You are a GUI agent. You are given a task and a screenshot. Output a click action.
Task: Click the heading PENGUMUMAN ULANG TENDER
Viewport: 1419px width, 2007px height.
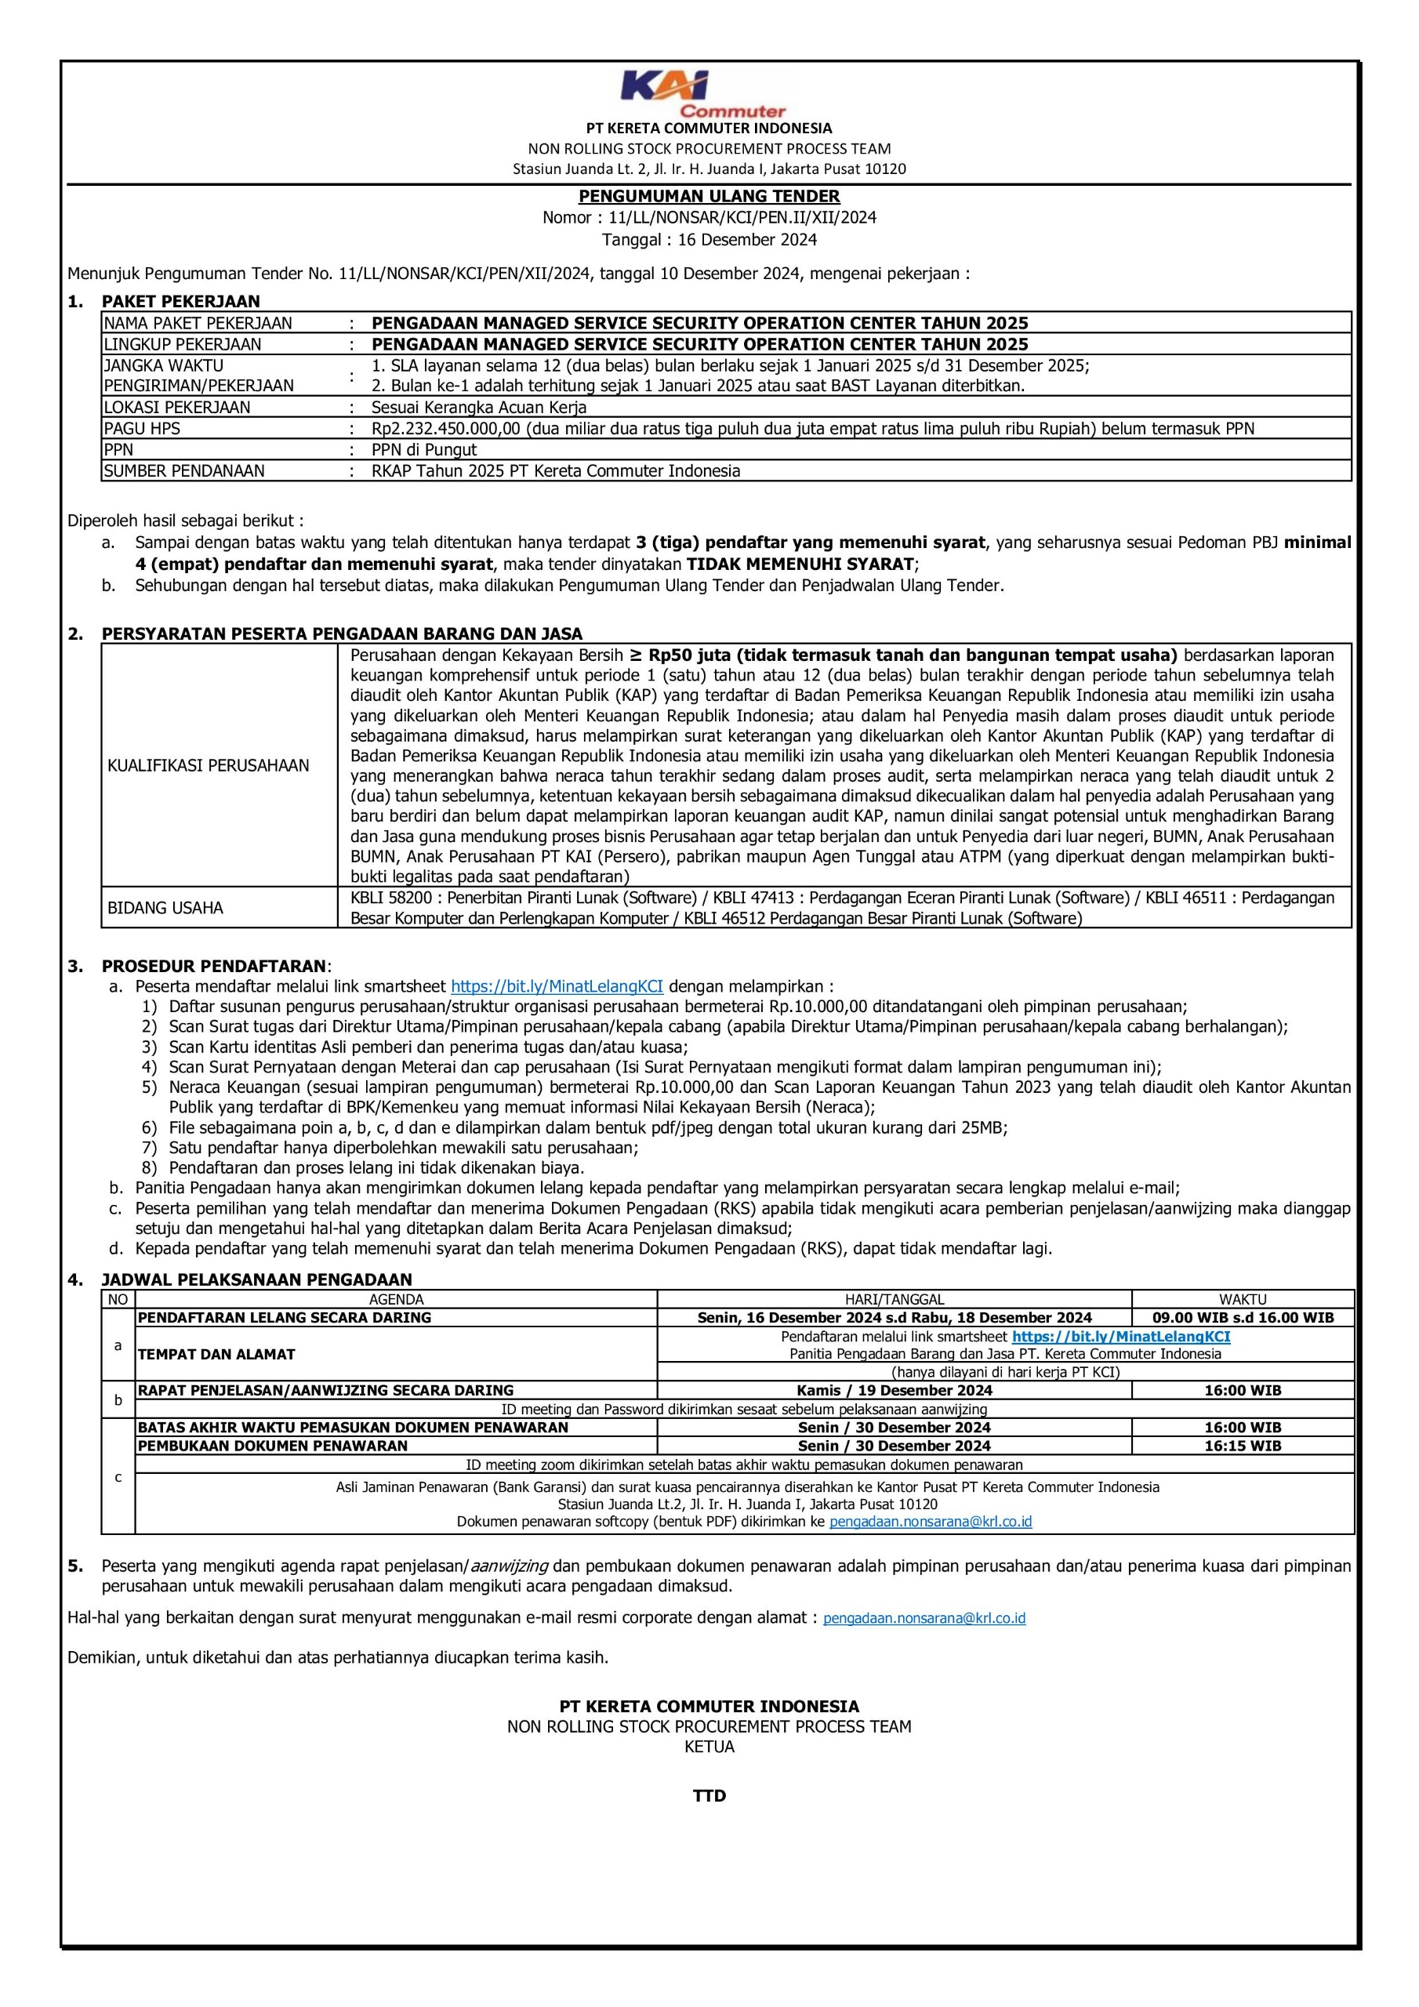(x=709, y=197)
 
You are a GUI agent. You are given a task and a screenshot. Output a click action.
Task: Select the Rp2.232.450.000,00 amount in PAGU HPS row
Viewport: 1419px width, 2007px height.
(x=446, y=428)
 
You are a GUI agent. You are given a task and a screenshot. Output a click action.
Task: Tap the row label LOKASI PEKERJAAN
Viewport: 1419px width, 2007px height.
(x=176, y=408)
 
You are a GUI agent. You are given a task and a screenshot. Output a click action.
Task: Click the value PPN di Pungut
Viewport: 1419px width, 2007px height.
(x=424, y=449)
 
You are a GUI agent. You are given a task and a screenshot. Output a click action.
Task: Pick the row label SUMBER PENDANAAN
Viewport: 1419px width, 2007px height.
(x=183, y=470)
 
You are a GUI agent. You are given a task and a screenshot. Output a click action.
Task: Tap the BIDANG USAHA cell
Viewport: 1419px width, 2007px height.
(x=165, y=907)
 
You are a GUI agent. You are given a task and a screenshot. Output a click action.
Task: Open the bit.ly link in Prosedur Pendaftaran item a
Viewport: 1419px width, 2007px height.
(x=557, y=986)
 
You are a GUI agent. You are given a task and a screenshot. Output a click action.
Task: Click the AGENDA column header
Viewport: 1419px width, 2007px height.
(x=396, y=1299)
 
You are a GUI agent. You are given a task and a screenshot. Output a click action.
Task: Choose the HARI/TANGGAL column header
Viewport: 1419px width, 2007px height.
(x=895, y=1299)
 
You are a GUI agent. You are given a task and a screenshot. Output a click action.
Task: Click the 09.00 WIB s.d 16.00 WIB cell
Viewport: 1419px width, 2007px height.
(x=1243, y=1317)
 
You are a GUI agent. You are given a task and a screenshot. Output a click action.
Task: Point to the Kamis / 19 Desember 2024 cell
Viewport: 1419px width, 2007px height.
(x=895, y=1390)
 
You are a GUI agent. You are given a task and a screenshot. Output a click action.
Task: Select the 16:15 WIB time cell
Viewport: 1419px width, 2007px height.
(x=1243, y=1446)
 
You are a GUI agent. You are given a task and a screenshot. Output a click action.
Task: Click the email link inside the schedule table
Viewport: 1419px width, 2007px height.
(x=931, y=1522)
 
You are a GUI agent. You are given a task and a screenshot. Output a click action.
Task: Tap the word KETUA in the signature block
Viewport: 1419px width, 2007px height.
(x=709, y=1748)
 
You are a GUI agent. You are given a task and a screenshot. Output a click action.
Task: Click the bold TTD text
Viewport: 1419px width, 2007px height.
(x=709, y=1796)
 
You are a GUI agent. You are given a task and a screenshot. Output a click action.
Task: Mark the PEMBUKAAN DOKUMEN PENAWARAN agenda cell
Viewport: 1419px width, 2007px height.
(x=273, y=1446)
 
